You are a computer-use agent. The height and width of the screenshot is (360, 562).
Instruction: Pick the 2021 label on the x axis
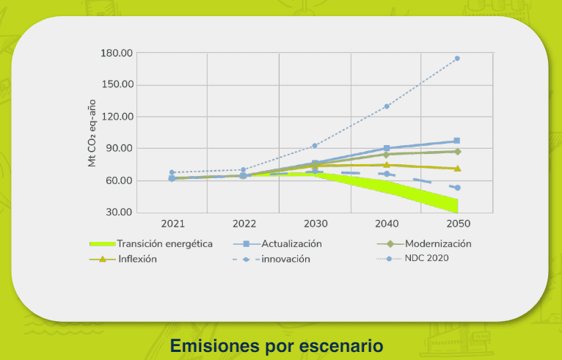[172, 223]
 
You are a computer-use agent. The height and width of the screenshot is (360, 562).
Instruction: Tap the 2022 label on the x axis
[244, 223]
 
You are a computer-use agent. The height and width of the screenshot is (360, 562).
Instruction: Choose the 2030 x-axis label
[315, 223]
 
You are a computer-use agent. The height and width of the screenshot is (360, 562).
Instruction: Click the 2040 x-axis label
[386, 223]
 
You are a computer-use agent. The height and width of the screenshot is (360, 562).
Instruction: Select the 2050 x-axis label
[457, 223]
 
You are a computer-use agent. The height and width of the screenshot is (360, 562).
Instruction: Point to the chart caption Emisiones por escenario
[277, 345]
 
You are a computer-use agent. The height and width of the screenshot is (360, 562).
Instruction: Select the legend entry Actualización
[291, 243]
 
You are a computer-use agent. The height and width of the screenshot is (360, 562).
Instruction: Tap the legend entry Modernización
[435, 243]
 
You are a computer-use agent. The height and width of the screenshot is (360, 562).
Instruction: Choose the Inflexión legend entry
[137, 259]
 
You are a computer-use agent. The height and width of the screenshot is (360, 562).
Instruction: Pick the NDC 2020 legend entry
[426, 258]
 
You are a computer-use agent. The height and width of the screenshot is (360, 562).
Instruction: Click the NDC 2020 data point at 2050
[457, 59]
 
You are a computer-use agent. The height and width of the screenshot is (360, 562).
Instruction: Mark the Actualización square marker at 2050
[457, 141]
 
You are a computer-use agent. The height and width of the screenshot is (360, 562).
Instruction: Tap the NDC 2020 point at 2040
[387, 106]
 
